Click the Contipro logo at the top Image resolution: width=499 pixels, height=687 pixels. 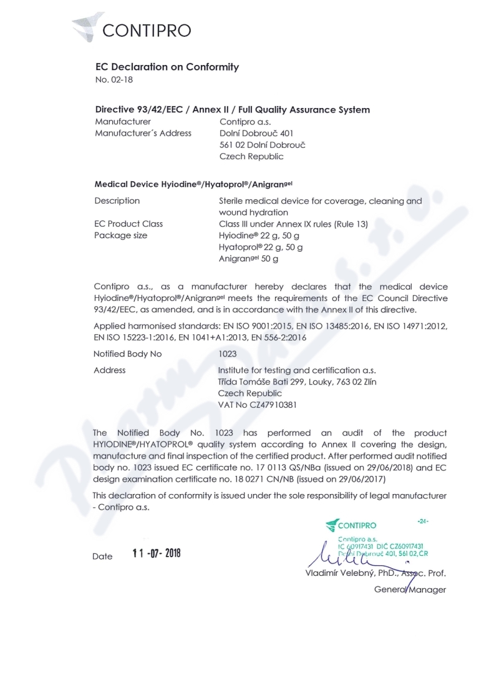(132, 28)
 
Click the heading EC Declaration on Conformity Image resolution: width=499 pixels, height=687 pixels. (167, 67)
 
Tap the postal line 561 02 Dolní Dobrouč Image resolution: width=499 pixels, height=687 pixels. (262, 145)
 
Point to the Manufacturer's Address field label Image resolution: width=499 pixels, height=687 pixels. (143, 133)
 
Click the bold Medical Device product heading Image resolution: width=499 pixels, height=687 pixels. (193, 184)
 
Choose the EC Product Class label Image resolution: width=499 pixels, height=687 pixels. (128, 224)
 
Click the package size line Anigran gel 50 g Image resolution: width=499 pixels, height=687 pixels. (248, 258)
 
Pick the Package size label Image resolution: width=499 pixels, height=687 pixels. (120, 235)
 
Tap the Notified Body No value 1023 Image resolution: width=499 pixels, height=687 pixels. (228, 354)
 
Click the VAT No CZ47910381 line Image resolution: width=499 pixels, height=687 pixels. (257, 405)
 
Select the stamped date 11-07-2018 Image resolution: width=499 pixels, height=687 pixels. (157, 553)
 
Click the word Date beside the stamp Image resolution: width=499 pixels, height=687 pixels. (102, 556)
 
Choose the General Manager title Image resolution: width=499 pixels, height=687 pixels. (410, 590)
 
